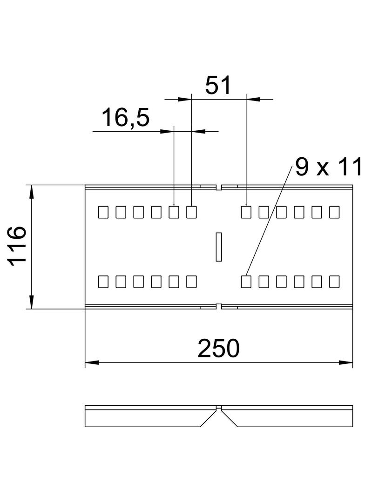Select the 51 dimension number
click(218, 86)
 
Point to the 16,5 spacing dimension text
click(126, 118)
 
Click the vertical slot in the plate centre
click(218, 247)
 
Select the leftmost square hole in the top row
click(103, 212)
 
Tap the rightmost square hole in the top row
click(334, 212)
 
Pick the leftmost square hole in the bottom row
click(103, 282)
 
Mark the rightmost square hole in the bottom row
click(334, 282)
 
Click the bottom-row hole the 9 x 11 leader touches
click(246, 282)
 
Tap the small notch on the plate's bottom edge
click(218, 306)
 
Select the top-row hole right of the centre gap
click(246, 212)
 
